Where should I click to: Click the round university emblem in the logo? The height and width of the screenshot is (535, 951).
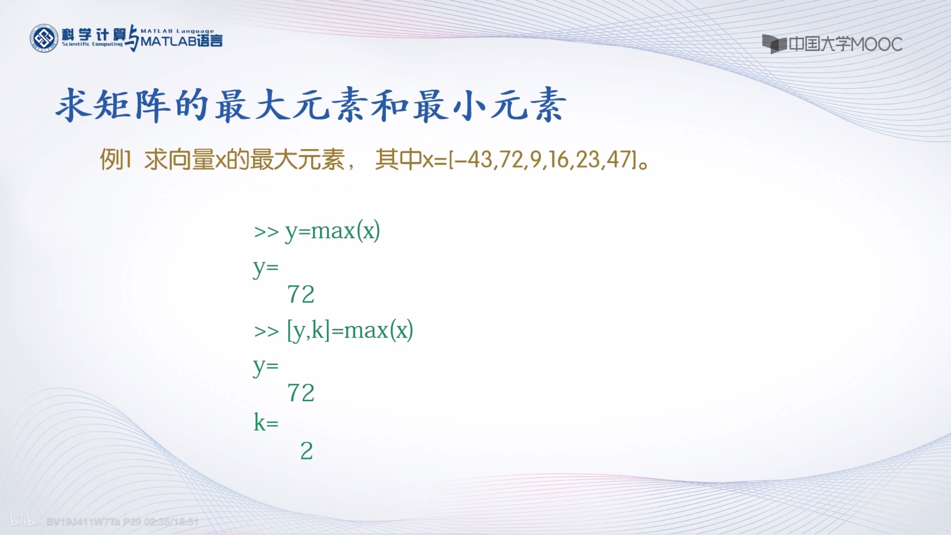(44, 39)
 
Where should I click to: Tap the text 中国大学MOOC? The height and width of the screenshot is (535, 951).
(845, 45)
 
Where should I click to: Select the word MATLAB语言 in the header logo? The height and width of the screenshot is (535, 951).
(182, 41)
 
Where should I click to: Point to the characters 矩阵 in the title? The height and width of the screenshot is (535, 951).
(130, 105)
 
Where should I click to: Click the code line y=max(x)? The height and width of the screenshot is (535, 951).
(332, 231)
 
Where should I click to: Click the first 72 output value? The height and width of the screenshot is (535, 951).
(301, 294)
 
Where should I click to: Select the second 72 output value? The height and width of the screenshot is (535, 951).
(301, 393)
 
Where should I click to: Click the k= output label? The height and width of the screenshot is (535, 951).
(266, 423)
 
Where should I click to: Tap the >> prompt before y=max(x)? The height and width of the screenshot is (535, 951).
(266, 232)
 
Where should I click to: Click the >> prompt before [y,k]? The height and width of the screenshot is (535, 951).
(266, 332)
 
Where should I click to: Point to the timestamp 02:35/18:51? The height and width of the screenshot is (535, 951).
(171, 522)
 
